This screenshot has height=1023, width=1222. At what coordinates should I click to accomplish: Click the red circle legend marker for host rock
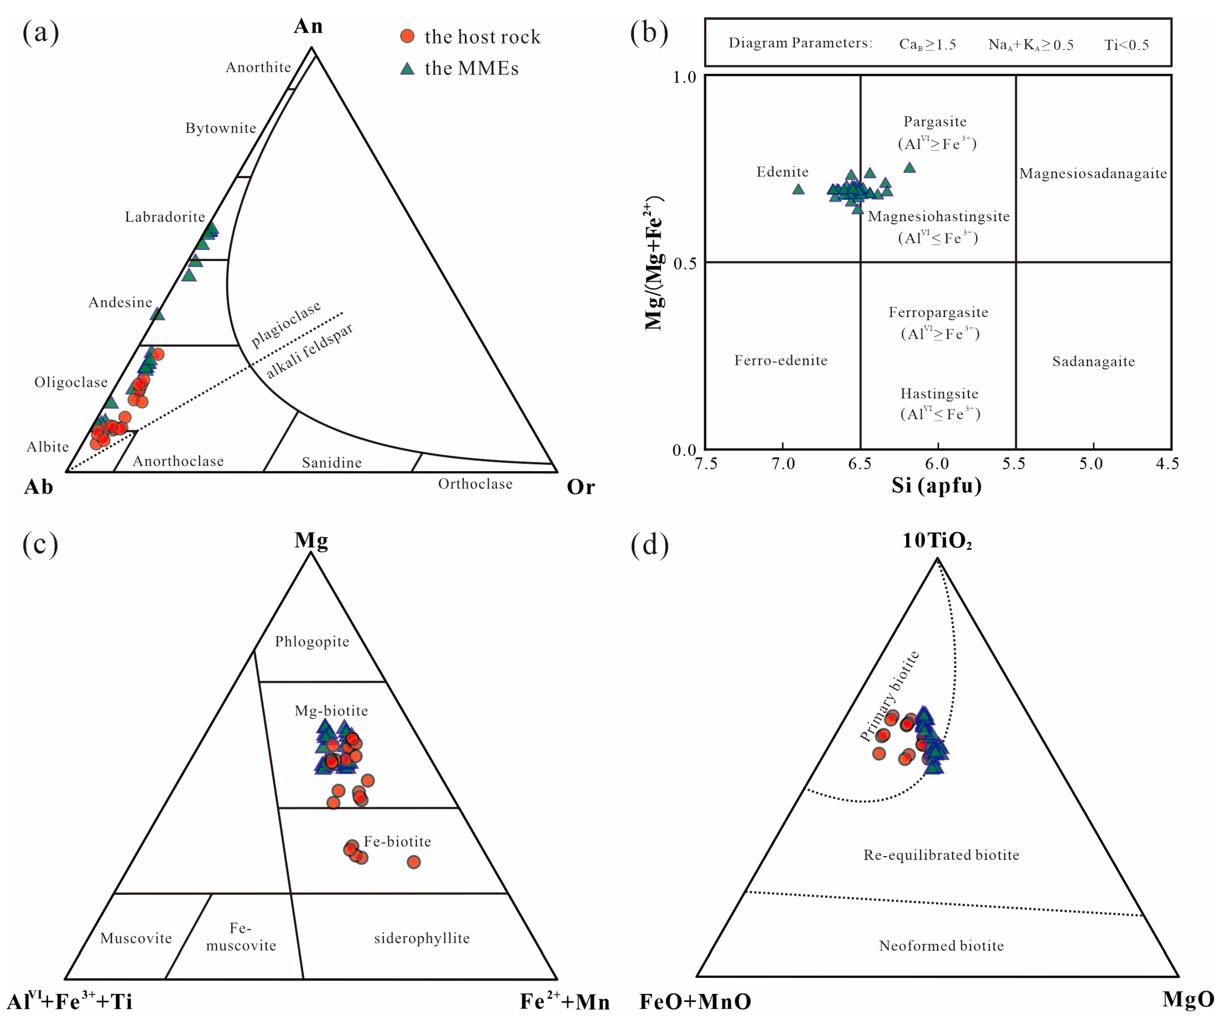(407, 36)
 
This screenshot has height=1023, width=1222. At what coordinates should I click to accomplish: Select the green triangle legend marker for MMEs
(407, 69)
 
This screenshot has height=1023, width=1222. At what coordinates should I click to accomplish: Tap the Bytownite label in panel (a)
(220, 128)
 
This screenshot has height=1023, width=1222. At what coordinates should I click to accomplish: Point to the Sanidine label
(332, 463)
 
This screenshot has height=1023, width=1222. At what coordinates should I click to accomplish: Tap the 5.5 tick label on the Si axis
(1014, 464)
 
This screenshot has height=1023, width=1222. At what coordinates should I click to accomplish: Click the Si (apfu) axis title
(937, 485)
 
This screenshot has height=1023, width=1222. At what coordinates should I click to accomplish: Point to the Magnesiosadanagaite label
(1093, 173)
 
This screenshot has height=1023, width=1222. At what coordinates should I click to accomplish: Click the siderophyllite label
(422, 938)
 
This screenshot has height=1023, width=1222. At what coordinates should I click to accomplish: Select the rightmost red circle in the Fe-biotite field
(414, 862)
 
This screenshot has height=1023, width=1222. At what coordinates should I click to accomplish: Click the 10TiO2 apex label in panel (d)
(937, 541)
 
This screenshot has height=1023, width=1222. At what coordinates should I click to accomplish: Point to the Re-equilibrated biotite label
(941, 855)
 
